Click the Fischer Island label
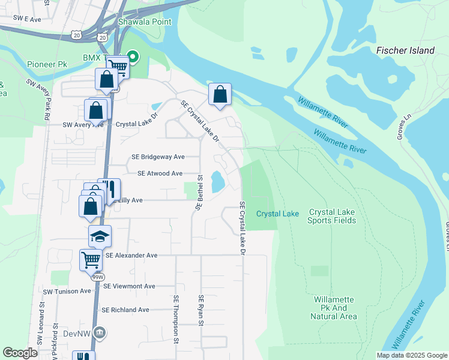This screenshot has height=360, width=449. pos(405,51)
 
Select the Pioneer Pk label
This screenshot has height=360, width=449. pos(47,64)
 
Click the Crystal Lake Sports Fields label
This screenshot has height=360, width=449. pos(332,217)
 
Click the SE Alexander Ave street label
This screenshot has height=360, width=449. pos(131,256)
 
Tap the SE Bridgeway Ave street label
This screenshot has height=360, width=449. pos(158,157)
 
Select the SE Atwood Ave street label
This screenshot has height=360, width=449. pos(160,173)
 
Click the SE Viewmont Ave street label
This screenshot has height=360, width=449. pos(129,287)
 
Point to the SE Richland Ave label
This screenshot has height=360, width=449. pos(125,310)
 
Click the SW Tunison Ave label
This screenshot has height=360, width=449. pos(67,291)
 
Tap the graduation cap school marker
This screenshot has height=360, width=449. pos(100,236)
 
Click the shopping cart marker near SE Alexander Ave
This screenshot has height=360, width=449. pos(91,260)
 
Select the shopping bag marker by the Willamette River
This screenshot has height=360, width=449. pos(220,94)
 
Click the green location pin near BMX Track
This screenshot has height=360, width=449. pos(134,58)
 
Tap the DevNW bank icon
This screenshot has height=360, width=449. pos(100,332)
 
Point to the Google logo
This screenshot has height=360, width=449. pos(20,353)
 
